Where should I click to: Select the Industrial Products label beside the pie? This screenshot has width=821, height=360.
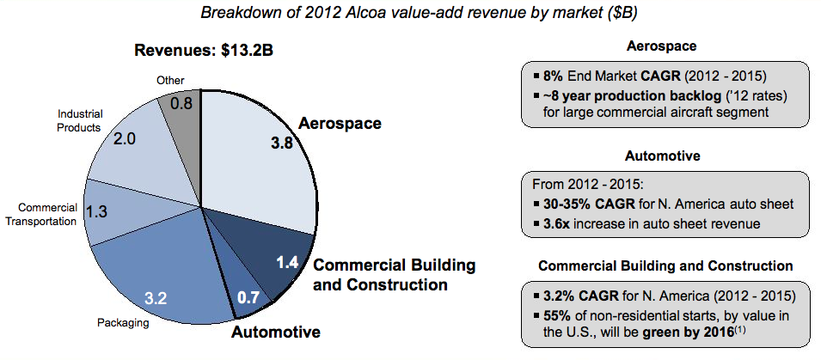pos(79,120)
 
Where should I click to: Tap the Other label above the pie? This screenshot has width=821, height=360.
pos(169,80)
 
